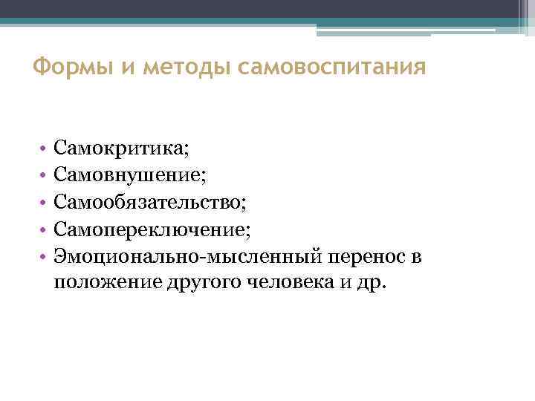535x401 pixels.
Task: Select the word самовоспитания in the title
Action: [x=333, y=69]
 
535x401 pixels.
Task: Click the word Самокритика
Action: [x=122, y=151]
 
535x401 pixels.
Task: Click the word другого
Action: [x=196, y=283]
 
